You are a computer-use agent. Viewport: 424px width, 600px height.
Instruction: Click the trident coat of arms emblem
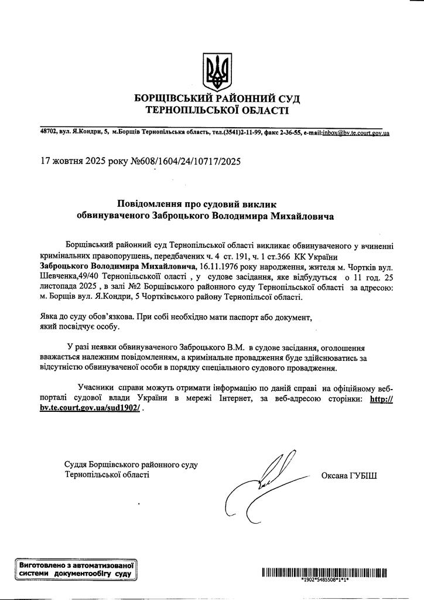(x=212, y=71)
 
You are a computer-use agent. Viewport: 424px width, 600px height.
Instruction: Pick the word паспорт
(x=242, y=316)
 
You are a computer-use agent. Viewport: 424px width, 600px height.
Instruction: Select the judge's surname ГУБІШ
(x=363, y=475)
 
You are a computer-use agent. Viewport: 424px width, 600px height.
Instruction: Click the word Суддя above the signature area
(x=77, y=465)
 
